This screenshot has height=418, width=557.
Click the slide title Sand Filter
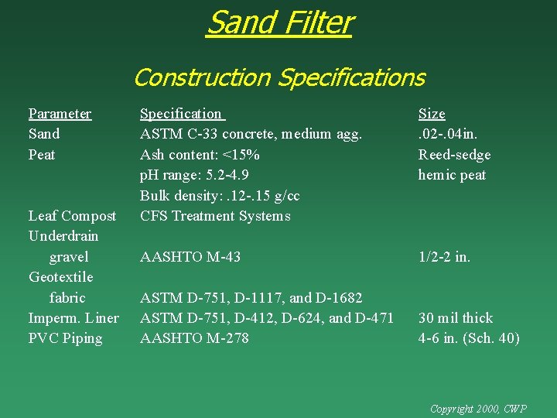tap(279, 23)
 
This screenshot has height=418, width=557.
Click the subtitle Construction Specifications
tap(279, 77)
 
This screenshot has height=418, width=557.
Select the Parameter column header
tap(60, 114)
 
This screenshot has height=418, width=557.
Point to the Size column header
tap(432, 114)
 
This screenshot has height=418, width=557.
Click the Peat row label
tap(42, 155)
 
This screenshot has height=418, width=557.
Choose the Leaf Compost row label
tap(72, 216)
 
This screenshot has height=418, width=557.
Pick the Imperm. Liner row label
tap(73, 318)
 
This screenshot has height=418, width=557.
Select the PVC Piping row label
tap(65, 338)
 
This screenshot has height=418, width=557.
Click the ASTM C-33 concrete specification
tap(251, 134)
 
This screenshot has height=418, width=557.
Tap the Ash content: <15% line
tap(200, 155)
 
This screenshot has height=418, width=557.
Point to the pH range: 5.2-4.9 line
tap(194, 175)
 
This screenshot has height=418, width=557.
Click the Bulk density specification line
tap(220, 196)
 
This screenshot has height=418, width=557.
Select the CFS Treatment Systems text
tap(215, 216)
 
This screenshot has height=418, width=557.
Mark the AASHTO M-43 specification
tap(191, 257)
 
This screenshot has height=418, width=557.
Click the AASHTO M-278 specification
tap(194, 338)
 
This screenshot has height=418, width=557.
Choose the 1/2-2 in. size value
tap(444, 257)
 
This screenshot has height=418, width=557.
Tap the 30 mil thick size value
tap(456, 318)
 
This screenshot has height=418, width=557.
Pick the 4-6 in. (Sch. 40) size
tap(469, 338)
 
